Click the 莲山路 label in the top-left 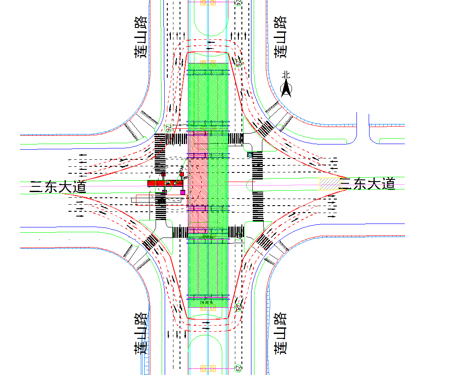(140, 38)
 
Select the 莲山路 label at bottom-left (140, 333)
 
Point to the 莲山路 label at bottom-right (281, 333)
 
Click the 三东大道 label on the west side (58, 187)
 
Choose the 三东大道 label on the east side (367, 184)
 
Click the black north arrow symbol (286, 89)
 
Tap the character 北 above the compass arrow (286, 75)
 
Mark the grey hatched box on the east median (329, 183)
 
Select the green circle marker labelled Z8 (238, 308)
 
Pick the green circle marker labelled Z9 (238, 368)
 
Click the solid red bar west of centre (164, 182)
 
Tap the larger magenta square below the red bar (183, 192)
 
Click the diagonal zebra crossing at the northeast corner (265, 127)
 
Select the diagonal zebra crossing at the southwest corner (151, 241)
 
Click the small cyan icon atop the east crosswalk (250, 155)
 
